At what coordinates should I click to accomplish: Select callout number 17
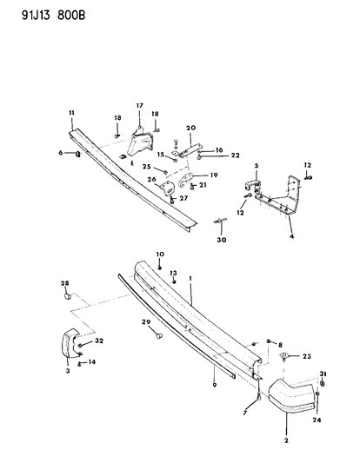coord(138,106)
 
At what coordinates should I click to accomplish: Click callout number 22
coord(210,156)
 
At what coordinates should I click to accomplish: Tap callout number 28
coord(65,284)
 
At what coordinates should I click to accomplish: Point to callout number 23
coord(307,356)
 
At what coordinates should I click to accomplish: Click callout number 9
coord(213,381)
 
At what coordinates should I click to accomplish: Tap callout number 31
coord(323,374)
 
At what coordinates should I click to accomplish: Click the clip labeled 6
coord(75,154)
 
